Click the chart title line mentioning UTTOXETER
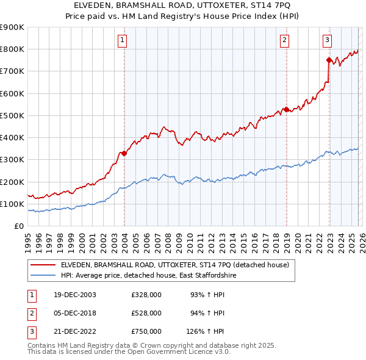pos(182,5)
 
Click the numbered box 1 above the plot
pos(123,40)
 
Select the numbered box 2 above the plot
pos(285,40)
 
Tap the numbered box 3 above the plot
pos(327,40)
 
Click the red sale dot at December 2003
pos(124,153)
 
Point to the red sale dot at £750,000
pos(329,60)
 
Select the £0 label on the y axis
pos(19,226)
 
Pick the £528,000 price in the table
pos(146,313)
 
